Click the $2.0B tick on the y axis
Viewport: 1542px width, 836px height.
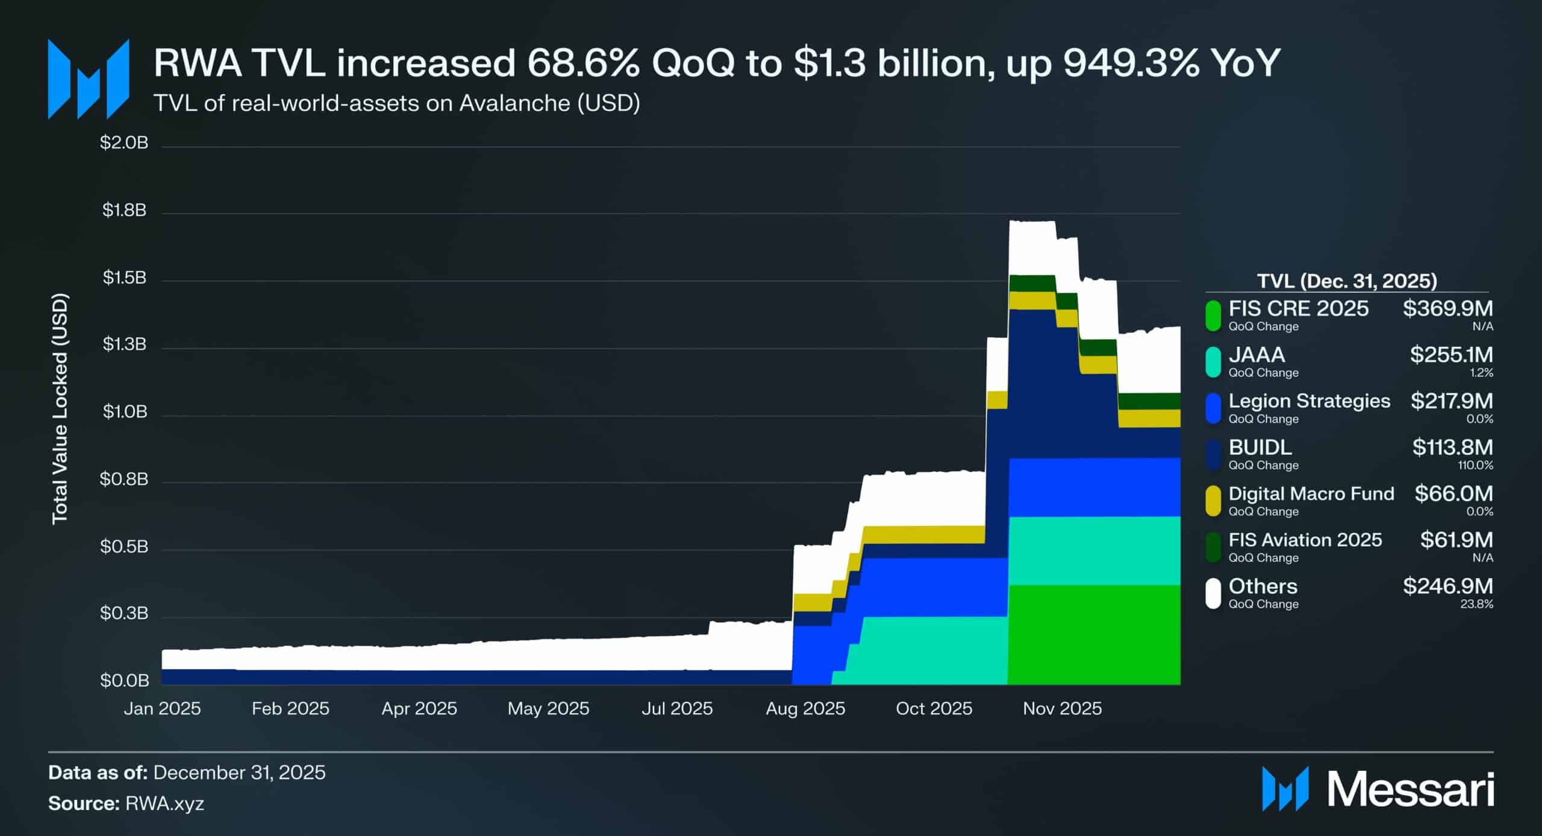(x=124, y=143)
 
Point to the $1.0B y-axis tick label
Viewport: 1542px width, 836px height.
(x=124, y=412)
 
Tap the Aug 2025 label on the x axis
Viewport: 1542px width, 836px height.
(x=805, y=708)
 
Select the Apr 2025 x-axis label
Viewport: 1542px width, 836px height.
(x=419, y=708)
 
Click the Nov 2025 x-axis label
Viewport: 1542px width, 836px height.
(x=1062, y=708)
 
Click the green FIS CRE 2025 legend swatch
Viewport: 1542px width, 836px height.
(x=1213, y=316)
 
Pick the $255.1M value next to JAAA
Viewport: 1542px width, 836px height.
(x=1451, y=355)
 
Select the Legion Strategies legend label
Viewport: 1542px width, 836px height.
(x=1309, y=401)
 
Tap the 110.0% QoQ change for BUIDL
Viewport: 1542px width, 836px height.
(x=1475, y=466)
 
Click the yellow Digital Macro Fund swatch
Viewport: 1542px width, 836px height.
(x=1213, y=501)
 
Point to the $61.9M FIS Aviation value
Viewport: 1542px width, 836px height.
(x=1456, y=540)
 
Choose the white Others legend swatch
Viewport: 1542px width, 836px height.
(x=1213, y=593)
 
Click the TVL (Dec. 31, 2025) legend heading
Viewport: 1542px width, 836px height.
(x=1347, y=281)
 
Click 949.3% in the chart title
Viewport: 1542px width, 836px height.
(x=1131, y=63)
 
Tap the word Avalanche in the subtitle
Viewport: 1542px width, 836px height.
(x=514, y=104)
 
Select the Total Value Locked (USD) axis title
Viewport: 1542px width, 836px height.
(x=60, y=409)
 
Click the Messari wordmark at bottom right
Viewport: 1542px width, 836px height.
(x=1410, y=789)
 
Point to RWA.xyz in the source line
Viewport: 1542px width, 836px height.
(x=164, y=803)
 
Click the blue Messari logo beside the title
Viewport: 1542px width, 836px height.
(x=89, y=79)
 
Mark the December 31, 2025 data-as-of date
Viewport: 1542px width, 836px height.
(x=239, y=773)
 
